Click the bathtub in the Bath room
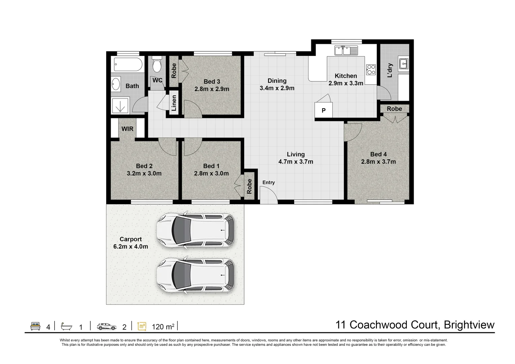click(128, 64)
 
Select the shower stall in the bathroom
click(121, 105)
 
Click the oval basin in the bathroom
click(116, 84)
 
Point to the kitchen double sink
click(346, 51)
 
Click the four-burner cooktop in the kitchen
click(371, 69)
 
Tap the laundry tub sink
click(404, 63)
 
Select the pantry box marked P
click(323, 110)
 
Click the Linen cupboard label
click(174, 103)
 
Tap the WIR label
click(127, 129)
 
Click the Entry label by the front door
click(268, 182)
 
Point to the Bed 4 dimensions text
click(379, 162)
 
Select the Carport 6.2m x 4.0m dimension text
click(131, 247)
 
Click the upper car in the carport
click(196, 230)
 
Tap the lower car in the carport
click(196, 275)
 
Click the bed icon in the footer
click(35, 326)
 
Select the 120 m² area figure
click(163, 327)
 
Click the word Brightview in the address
click(469, 325)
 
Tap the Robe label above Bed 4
click(394, 109)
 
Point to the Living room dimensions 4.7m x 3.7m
click(296, 162)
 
